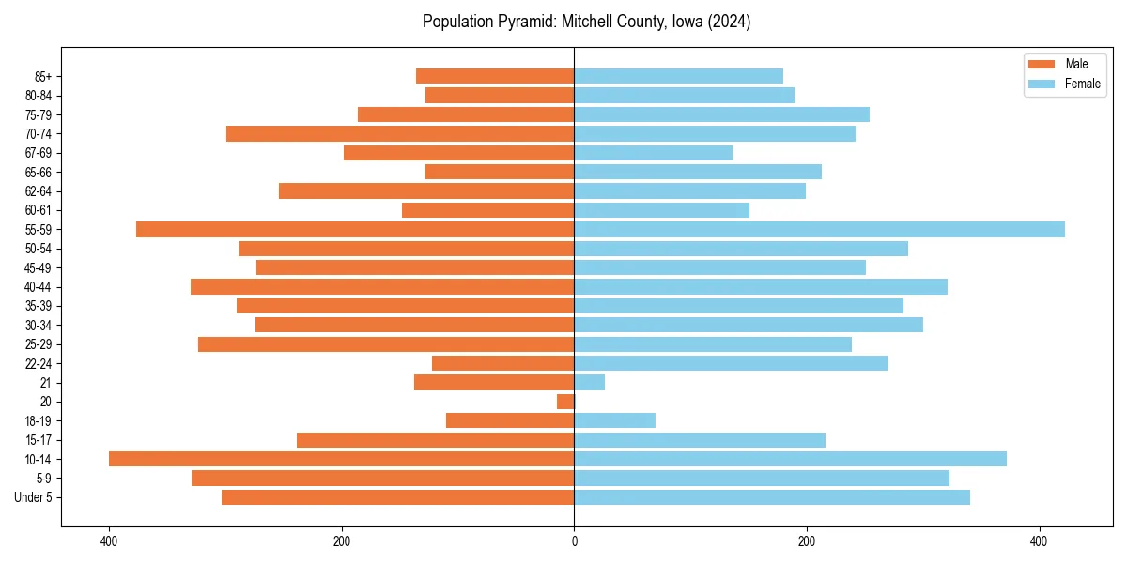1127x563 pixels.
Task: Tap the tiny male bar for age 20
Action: coord(565,402)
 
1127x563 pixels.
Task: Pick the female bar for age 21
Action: coord(589,382)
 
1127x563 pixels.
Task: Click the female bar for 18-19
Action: coord(614,420)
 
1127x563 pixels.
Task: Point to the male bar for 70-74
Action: coord(400,133)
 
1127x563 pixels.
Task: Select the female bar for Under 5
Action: coord(771,497)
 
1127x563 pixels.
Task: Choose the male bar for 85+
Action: coord(495,76)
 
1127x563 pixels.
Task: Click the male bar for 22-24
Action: coord(502,363)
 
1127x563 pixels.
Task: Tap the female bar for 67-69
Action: coord(653,153)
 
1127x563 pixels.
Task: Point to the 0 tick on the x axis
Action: coord(574,541)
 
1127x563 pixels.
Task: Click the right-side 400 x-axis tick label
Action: coord(1038,541)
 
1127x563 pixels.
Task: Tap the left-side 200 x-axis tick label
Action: coord(342,541)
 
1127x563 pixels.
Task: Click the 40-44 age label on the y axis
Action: coord(39,287)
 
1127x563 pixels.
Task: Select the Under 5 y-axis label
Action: coord(33,497)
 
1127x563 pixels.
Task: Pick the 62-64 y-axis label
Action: coord(39,191)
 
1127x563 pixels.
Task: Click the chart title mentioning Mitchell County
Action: coord(586,22)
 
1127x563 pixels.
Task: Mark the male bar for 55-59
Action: coord(355,229)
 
